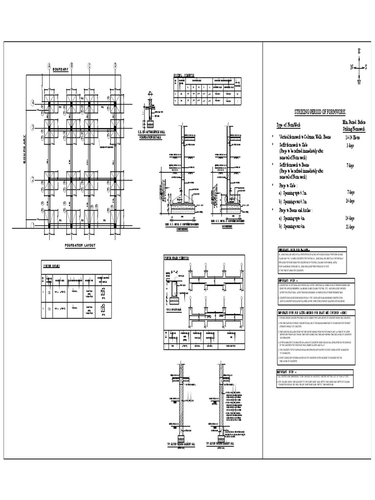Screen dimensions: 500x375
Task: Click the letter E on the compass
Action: pyautogui.click(x=359, y=51)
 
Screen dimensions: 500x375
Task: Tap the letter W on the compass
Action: pyautogui.click(x=359, y=83)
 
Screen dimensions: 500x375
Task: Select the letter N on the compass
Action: pyautogui.click(x=351, y=67)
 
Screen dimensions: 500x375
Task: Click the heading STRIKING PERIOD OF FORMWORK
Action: pyautogui.click(x=320, y=112)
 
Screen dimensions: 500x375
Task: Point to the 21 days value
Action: pyautogui.click(x=350, y=227)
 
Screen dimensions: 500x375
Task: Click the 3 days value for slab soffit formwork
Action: pyautogui.click(x=350, y=146)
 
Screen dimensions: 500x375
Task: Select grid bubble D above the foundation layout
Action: pyautogui.click(x=116, y=65)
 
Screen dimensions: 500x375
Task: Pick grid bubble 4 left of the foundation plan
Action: pyautogui.click(x=33, y=103)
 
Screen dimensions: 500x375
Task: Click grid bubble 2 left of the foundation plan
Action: pyautogui.click(x=33, y=179)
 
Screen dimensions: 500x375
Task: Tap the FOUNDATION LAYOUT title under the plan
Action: pyautogui.click(x=81, y=245)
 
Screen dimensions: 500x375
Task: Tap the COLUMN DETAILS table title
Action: pyautogui.click(x=52, y=266)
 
